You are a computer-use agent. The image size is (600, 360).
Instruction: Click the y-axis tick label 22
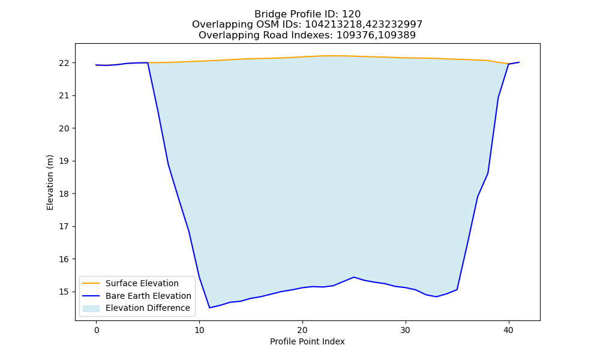point(64,63)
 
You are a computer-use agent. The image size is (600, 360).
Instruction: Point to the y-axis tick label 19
point(64,161)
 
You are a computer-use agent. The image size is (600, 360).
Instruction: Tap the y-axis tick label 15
point(64,292)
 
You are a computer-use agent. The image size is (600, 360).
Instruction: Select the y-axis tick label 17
point(64,226)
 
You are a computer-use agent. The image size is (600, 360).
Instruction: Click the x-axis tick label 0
point(97,331)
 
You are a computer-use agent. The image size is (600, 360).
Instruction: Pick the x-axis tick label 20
point(302,331)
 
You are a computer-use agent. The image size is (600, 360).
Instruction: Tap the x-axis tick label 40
point(509,331)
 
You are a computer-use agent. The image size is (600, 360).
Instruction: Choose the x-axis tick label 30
point(406,331)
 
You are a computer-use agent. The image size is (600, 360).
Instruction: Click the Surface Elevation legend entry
point(130,283)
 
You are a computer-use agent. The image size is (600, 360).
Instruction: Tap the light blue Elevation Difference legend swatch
point(91,308)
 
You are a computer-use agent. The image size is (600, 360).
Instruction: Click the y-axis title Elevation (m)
point(50,182)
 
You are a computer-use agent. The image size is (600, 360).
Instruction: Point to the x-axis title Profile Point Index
point(307,341)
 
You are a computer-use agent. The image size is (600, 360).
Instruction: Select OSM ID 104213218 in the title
point(334,25)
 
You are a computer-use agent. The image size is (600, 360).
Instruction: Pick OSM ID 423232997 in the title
point(394,25)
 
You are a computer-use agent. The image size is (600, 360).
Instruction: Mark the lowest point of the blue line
point(209,308)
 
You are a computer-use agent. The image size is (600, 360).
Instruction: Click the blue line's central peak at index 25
point(354,277)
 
